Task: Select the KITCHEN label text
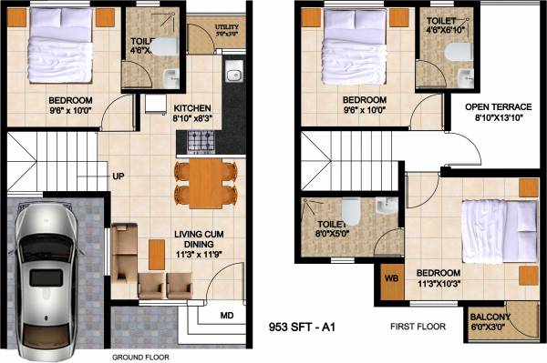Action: (x=192, y=106)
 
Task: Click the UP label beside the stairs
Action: (x=119, y=176)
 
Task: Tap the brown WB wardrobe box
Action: (x=391, y=278)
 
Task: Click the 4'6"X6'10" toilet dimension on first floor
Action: (x=446, y=30)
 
